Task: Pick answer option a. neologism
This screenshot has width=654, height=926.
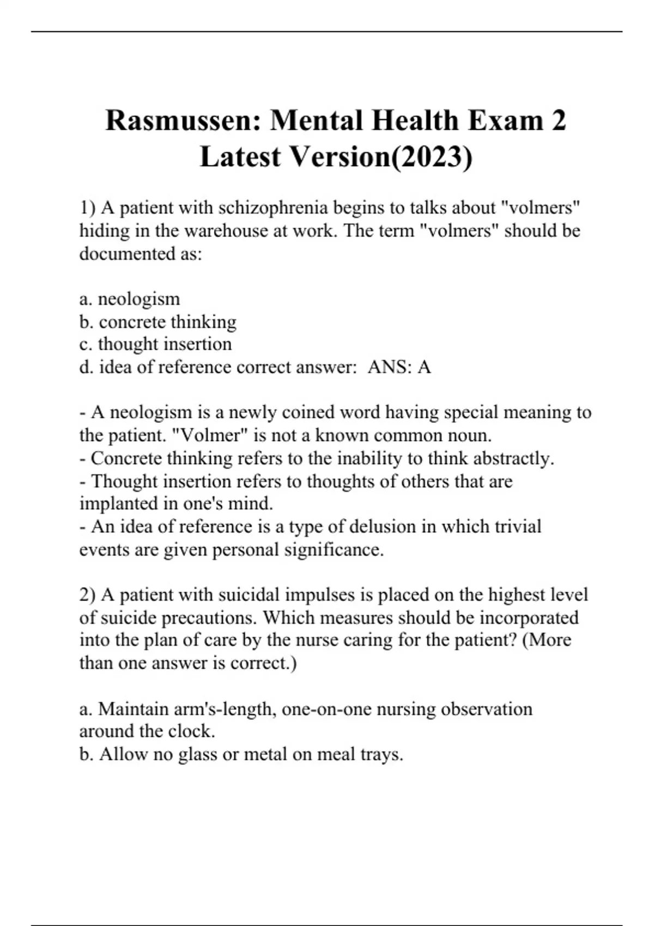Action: coord(130,299)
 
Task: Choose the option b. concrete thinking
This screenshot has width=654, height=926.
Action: coord(158,322)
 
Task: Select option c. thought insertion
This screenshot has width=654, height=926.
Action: coord(156,344)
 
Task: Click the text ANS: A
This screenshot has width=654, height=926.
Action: coord(399,367)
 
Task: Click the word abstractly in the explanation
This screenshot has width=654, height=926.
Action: coord(514,459)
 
